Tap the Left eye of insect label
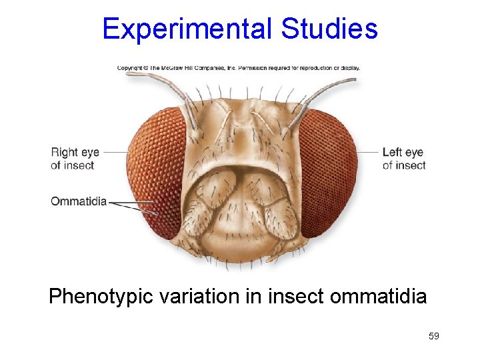[x=403, y=159]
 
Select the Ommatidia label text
[x=79, y=201]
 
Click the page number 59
[x=433, y=336]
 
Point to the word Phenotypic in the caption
[x=103, y=296]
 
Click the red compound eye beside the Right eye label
[x=155, y=173]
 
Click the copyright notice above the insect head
[x=238, y=68]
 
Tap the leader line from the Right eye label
[x=116, y=152]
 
